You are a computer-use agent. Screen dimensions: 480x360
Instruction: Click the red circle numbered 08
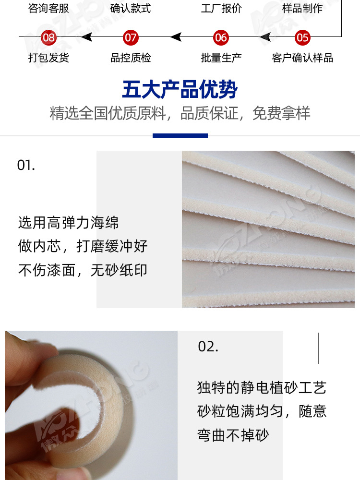(x=49, y=37)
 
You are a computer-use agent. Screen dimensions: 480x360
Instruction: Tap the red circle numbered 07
(x=131, y=37)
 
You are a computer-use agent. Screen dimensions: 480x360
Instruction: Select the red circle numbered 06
(x=221, y=37)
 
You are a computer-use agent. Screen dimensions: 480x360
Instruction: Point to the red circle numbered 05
(x=302, y=37)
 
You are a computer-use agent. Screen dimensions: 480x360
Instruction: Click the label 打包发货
(x=49, y=58)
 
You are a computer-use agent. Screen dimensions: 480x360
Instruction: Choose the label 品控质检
(x=131, y=58)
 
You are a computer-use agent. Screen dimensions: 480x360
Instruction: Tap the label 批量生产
(x=221, y=58)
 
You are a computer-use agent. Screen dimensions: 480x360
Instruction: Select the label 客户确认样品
(x=302, y=58)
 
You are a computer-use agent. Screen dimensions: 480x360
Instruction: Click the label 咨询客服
(x=49, y=9)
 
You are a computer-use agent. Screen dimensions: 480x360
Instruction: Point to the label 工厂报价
(x=221, y=9)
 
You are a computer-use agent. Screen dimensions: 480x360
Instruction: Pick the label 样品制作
(x=302, y=9)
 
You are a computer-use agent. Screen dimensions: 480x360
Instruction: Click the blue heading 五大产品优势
(x=180, y=90)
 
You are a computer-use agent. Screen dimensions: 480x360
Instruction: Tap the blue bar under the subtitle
(x=180, y=136)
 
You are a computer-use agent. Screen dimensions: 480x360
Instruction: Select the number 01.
(x=26, y=165)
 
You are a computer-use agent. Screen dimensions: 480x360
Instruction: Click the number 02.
(x=208, y=347)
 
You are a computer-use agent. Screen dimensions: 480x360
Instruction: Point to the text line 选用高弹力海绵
(x=68, y=223)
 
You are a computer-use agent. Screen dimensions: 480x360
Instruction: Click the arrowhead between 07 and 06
(x=176, y=37)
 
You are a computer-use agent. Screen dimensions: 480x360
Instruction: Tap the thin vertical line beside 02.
(x=318, y=348)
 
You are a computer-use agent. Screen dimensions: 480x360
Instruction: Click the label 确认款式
(x=131, y=9)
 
